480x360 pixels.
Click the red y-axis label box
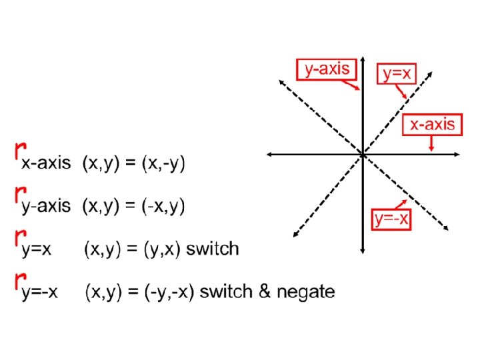pos(327,69)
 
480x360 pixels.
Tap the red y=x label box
pos(397,73)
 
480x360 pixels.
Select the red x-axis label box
pos(432,124)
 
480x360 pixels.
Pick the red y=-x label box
pos(391,219)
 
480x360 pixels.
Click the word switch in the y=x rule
pos(212,249)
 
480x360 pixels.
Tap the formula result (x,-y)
pos(165,163)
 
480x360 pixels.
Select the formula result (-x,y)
pos(165,206)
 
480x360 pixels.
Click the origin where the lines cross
pos(362,154)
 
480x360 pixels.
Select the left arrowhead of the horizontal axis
pos(268,154)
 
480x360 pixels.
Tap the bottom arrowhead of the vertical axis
pos(362,251)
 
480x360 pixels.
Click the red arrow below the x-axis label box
pos(432,143)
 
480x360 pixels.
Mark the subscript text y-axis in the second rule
pos(46,207)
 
